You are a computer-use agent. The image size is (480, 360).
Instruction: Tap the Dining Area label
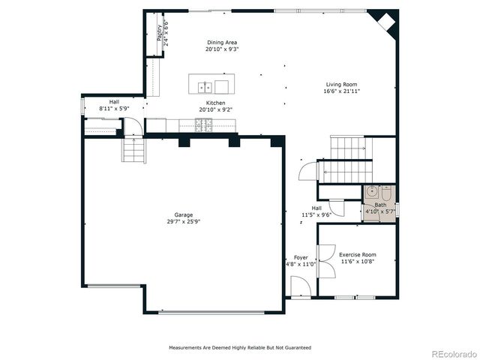[222, 42]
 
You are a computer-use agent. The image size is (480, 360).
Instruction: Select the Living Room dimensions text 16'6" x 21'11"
[343, 91]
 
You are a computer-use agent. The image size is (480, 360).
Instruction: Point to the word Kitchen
[216, 103]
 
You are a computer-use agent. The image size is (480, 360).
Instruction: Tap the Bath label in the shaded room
[380, 205]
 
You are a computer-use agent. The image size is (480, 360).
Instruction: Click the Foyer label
[300, 257]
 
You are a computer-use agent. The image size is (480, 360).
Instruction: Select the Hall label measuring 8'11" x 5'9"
[114, 102]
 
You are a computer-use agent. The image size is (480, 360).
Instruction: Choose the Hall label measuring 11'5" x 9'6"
[316, 208]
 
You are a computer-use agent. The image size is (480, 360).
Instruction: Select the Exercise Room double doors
[325, 232]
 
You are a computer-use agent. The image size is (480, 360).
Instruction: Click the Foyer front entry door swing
[298, 285]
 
